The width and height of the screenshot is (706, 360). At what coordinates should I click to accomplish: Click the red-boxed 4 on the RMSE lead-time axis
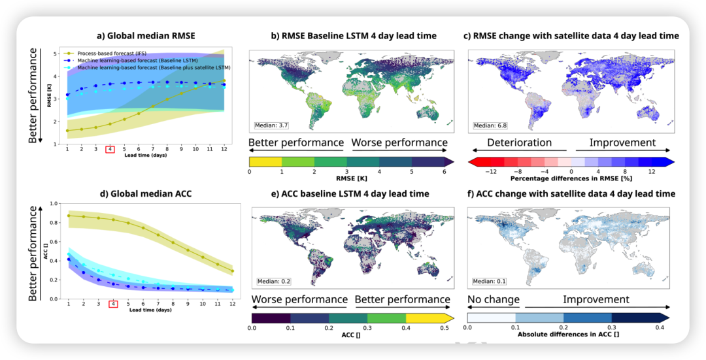click(x=110, y=150)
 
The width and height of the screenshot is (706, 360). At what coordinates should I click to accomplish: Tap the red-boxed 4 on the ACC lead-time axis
click(x=113, y=304)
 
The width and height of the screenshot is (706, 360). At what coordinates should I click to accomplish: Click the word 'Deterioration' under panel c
click(x=520, y=142)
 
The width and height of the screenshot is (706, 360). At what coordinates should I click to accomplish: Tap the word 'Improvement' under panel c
click(x=622, y=142)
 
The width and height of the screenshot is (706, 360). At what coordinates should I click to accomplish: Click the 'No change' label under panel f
click(x=493, y=299)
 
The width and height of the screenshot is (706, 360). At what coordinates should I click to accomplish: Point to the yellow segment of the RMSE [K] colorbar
click(x=265, y=161)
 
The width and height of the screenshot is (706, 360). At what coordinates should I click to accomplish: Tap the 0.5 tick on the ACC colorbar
click(x=444, y=327)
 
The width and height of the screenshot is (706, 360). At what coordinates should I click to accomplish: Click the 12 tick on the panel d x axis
click(x=231, y=304)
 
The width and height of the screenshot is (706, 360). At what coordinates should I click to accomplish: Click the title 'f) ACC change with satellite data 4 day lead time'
click(x=571, y=193)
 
